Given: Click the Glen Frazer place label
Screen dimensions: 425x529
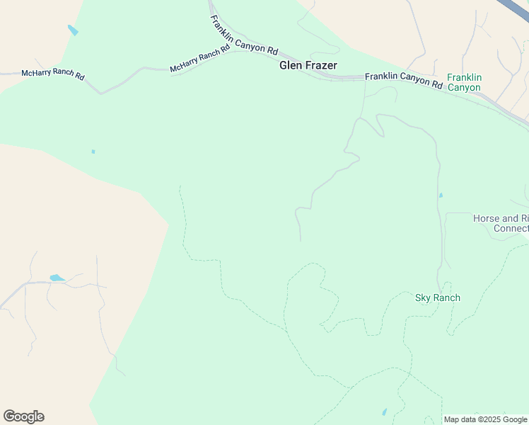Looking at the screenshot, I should (x=308, y=65).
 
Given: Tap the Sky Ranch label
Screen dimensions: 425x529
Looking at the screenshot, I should (x=437, y=297).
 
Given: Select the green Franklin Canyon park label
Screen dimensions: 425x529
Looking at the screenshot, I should (x=463, y=82).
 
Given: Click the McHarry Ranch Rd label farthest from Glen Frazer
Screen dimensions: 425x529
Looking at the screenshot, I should (x=53, y=74).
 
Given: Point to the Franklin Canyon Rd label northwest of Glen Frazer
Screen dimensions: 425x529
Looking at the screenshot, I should (x=243, y=35).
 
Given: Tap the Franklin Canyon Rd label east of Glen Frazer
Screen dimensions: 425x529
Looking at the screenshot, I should (x=403, y=79).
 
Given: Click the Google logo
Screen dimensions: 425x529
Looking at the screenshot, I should (x=23, y=416).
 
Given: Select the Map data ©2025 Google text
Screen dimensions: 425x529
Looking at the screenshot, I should (x=485, y=419).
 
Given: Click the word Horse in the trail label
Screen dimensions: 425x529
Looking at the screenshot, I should (x=486, y=219).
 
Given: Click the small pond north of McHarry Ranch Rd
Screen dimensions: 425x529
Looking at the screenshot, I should (x=73, y=30).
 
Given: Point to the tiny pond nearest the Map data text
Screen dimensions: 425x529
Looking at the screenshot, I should (x=384, y=412).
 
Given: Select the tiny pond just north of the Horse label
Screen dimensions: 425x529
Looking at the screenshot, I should (x=441, y=195).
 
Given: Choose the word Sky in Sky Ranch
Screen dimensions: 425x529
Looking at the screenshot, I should (x=422, y=297).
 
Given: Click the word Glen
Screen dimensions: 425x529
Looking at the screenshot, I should (x=291, y=65).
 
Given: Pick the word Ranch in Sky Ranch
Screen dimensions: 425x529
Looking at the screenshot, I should (x=446, y=297).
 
